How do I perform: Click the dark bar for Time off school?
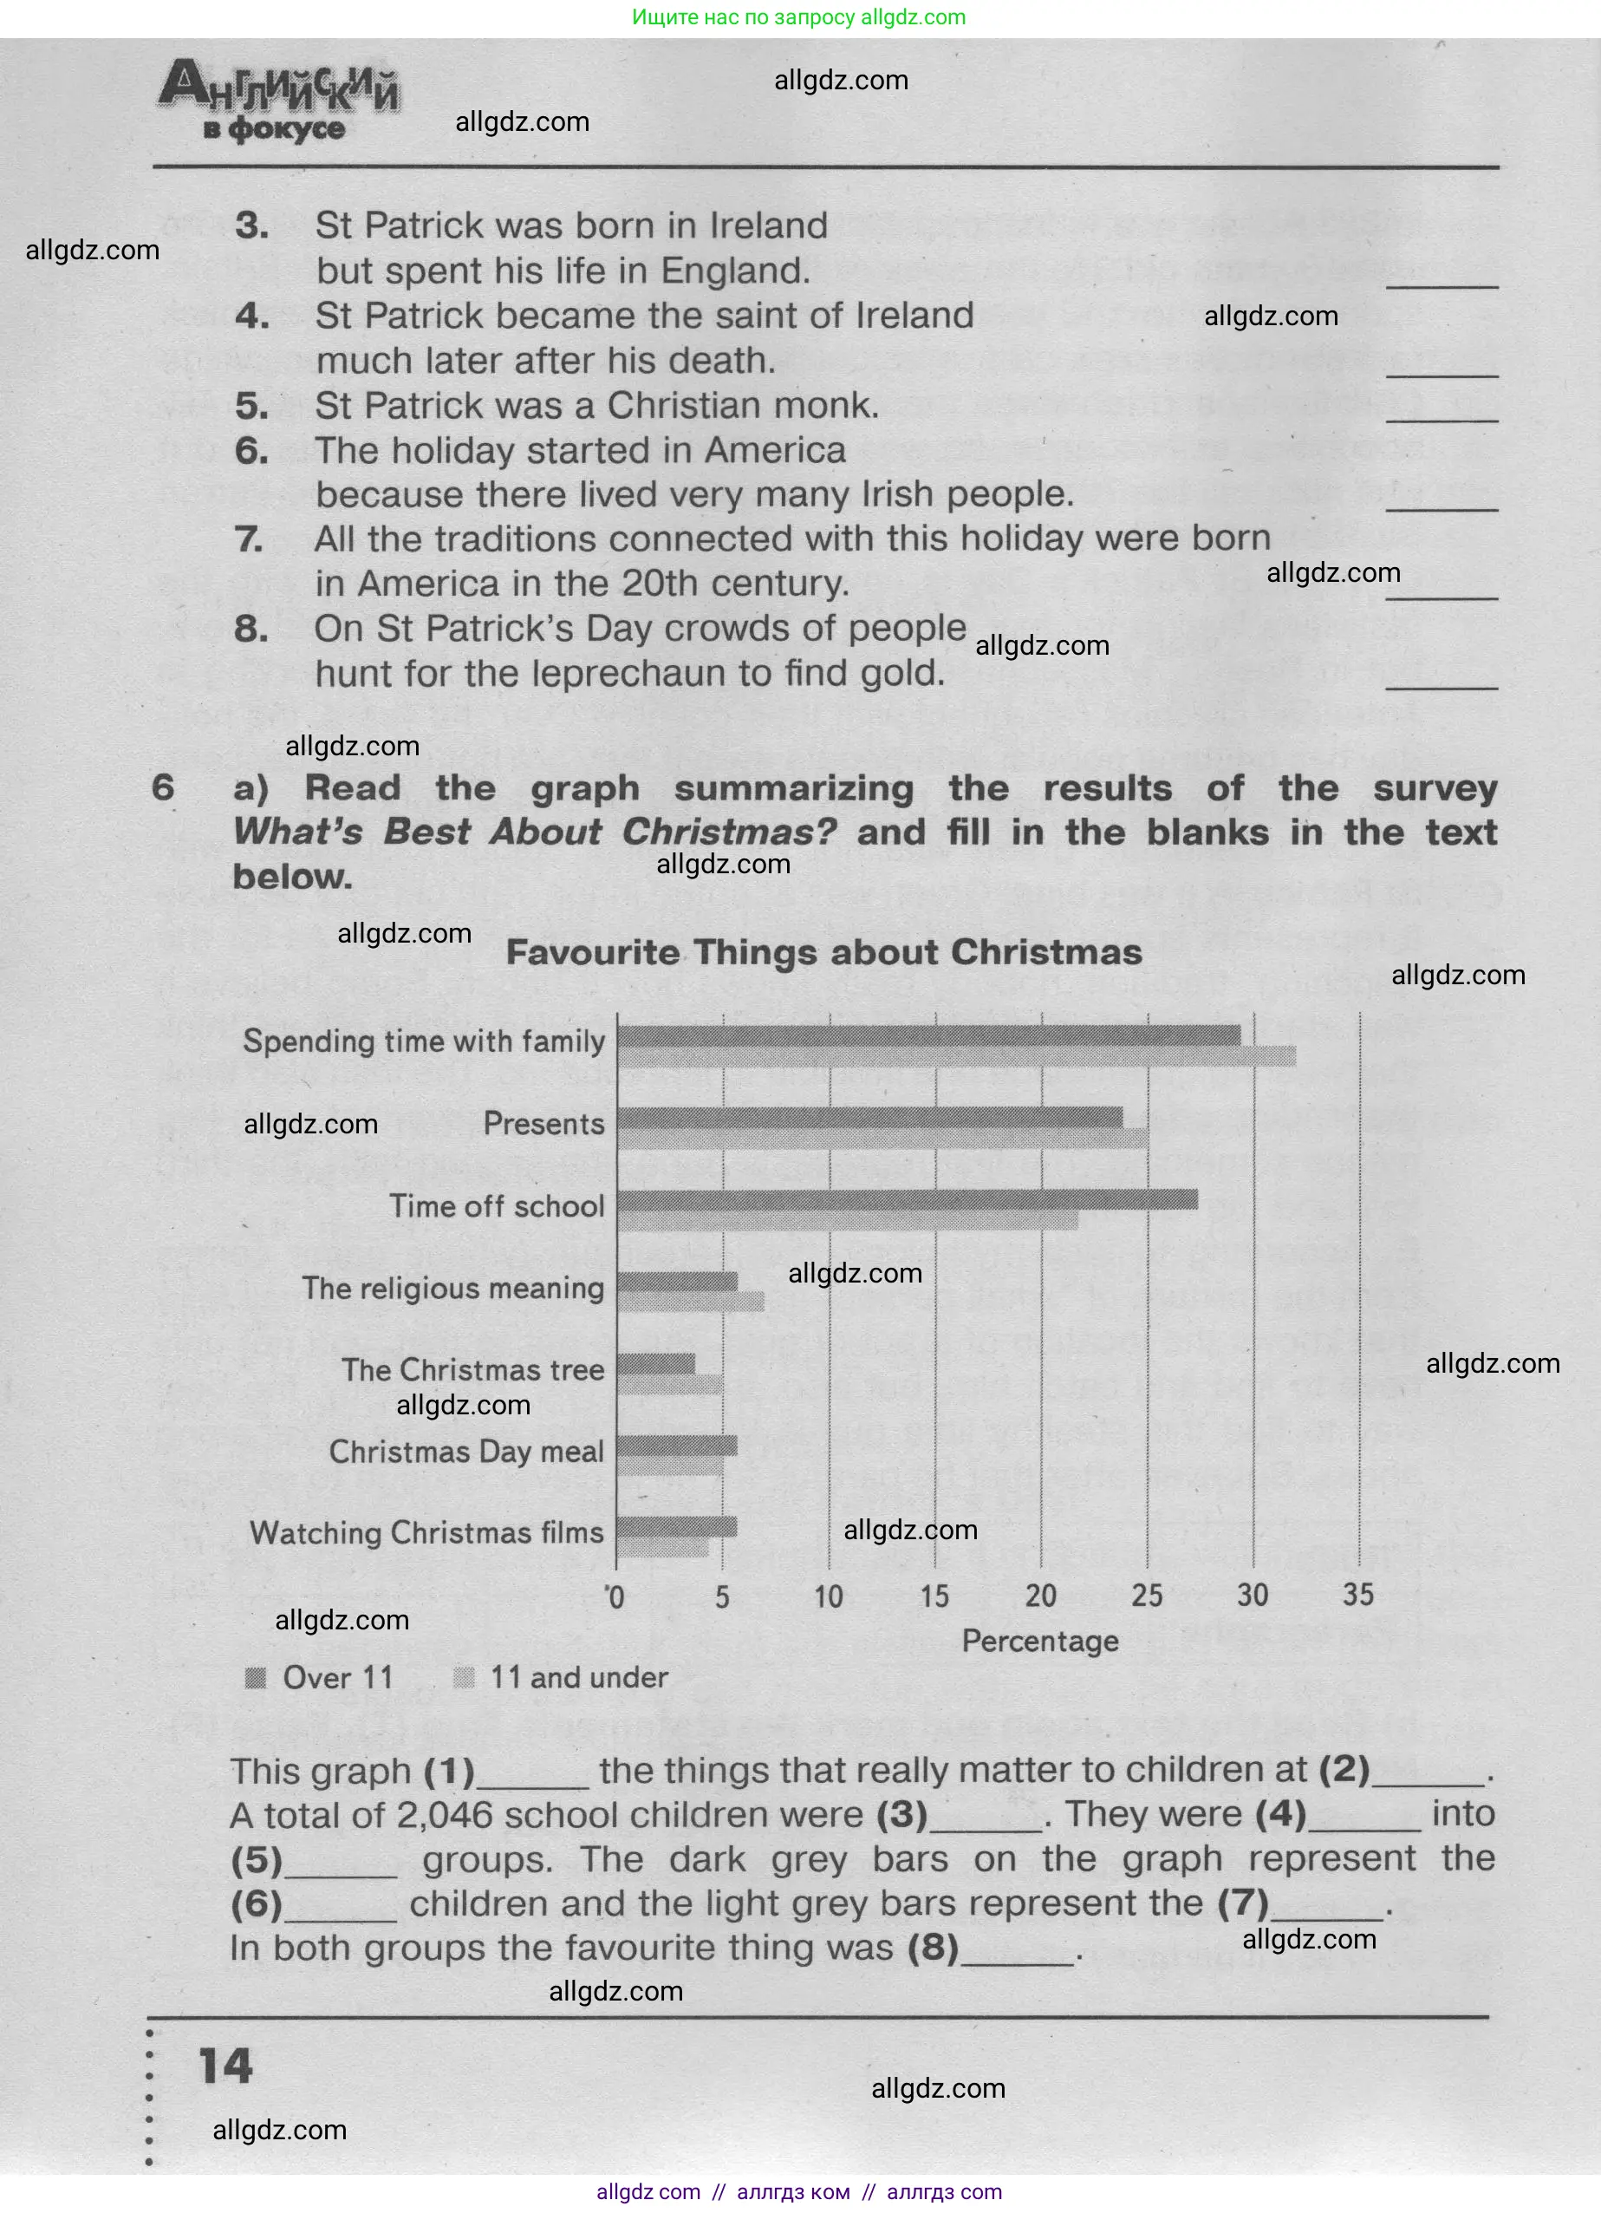point(908,1199)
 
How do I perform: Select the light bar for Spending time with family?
point(956,1055)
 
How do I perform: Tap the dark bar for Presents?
point(869,1117)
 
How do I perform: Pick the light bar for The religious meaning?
point(690,1301)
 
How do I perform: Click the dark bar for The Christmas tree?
point(655,1363)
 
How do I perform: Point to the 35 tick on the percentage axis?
point(1358,1595)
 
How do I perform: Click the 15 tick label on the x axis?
point(934,1596)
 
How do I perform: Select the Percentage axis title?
point(1040,1642)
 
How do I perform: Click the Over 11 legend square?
point(256,1677)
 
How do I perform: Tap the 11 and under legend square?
point(465,1677)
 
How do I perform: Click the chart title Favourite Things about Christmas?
point(823,951)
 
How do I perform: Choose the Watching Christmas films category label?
point(426,1533)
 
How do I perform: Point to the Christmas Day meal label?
point(466,1451)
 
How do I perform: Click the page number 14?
point(225,2066)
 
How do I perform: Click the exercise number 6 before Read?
point(163,787)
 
